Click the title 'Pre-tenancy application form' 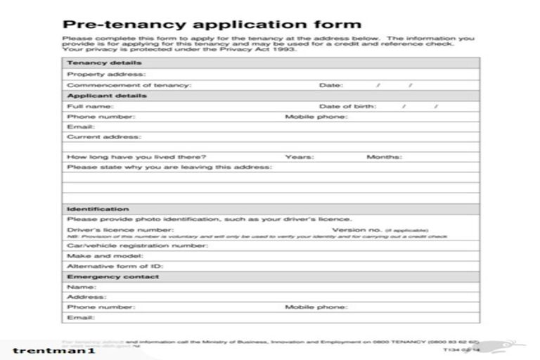(212, 25)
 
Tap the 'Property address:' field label (106, 74)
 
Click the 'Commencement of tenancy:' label (129, 84)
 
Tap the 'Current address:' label (103, 137)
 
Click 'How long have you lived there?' (136, 157)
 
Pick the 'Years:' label (299, 157)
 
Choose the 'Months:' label (384, 157)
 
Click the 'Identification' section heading (98, 209)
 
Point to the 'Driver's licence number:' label (120, 229)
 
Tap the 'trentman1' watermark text (53, 350)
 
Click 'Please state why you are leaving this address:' (169, 167)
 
